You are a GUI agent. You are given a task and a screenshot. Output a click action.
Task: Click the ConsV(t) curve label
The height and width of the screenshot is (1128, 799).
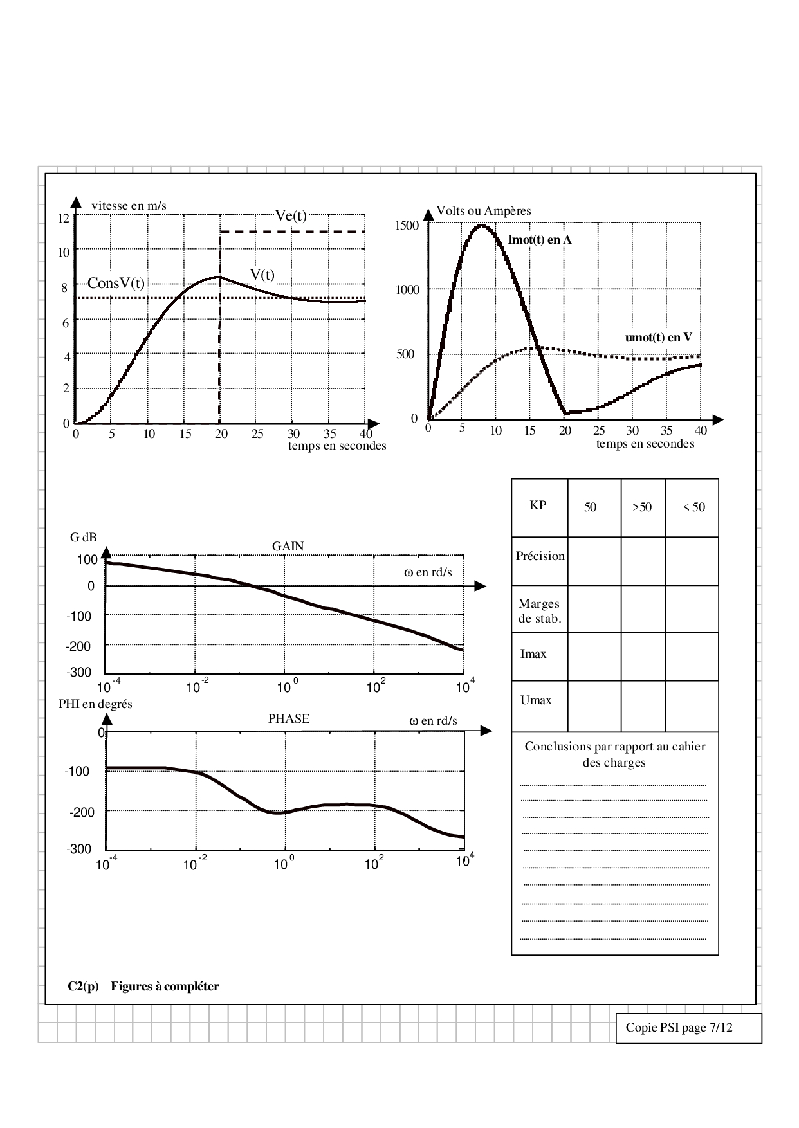pyautogui.click(x=116, y=283)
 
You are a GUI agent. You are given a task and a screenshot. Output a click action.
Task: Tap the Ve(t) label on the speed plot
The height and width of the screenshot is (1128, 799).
pyautogui.click(x=291, y=215)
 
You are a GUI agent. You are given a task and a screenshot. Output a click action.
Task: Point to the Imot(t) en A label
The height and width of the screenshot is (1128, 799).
pyautogui.click(x=539, y=240)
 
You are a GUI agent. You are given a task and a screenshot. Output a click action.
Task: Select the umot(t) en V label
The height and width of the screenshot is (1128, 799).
pyautogui.click(x=658, y=338)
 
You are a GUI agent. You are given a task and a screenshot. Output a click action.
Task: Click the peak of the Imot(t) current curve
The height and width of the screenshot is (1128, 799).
pyautogui.click(x=482, y=225)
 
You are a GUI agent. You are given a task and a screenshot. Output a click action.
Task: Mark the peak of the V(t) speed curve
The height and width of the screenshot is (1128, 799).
pyautogui.click(x=219, y=277)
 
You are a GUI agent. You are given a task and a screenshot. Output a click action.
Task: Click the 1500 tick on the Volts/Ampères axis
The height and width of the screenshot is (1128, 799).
pyautogui.click(x=407, y=225)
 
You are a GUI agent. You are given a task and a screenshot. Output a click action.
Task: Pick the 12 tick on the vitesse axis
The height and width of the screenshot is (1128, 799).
pyautogui.click(x=63, y=218)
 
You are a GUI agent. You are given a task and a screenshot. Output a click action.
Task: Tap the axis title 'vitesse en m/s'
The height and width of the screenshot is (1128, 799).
pyautogui.click(x=129, y=205)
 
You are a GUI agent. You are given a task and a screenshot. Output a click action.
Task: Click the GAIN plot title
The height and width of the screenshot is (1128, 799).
pyautogui.click(x=288, y=546)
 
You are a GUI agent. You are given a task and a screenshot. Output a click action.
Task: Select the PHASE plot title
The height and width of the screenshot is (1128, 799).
pyautogui.click(x=289, y=718)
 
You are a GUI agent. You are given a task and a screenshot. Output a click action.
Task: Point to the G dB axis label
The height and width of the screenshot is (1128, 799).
pyautogui.click(x=84, y=537)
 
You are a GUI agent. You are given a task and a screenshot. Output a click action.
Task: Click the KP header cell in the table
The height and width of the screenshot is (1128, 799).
pyautogui.click(x=538, y=505)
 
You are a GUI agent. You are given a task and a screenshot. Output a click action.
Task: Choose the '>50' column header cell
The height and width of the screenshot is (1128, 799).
pyautogui.click(x=642, y=507)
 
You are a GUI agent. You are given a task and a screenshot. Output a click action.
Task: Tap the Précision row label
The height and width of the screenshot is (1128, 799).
pyautogui.click(x=540, y=556)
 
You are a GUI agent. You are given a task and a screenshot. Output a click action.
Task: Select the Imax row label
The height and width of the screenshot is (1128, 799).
pyautogui.click(x=533, y=654)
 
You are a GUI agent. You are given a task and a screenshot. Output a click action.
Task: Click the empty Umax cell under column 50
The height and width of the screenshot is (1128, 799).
pyautogui.click(x=594, y=705)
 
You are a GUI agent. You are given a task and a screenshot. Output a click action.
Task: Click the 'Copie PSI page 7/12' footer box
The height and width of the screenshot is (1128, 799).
pyautogui.click(x=688, y=1028)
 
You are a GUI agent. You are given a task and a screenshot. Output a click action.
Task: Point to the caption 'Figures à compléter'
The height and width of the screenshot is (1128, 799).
pyautogui.click(x=165, y=987)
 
